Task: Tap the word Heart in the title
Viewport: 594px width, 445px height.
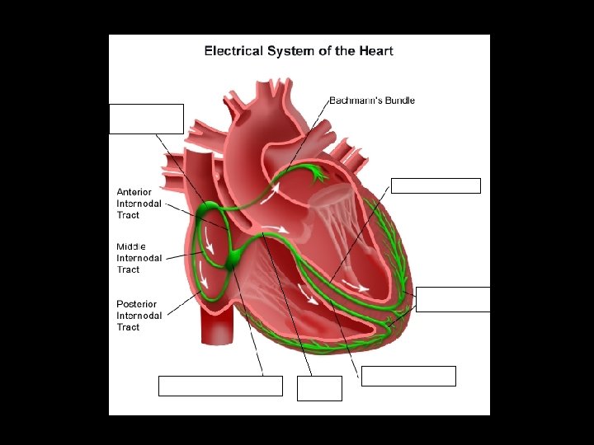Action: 375,51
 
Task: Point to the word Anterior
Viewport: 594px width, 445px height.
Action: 134,192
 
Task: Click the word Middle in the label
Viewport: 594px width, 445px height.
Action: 131,246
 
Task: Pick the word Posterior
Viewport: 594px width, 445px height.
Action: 136,304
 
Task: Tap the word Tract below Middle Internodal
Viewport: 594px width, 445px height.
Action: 128,269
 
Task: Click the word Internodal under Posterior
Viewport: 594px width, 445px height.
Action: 139,316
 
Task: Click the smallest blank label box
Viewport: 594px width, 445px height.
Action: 319,388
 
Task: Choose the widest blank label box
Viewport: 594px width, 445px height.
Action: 220,386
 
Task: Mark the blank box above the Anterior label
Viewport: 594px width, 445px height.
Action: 146,119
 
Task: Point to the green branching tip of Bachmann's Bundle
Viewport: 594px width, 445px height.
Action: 314,172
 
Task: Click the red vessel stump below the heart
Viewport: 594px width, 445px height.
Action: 216,326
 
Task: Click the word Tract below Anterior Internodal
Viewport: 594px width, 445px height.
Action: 128,215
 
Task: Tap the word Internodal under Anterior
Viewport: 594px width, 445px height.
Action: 139,204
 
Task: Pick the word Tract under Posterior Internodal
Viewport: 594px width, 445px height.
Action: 128,327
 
